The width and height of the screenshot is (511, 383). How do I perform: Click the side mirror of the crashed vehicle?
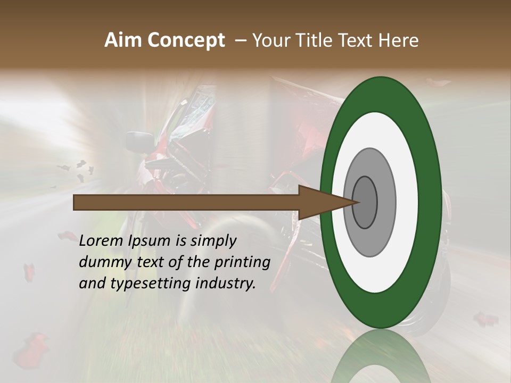[139, 141]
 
